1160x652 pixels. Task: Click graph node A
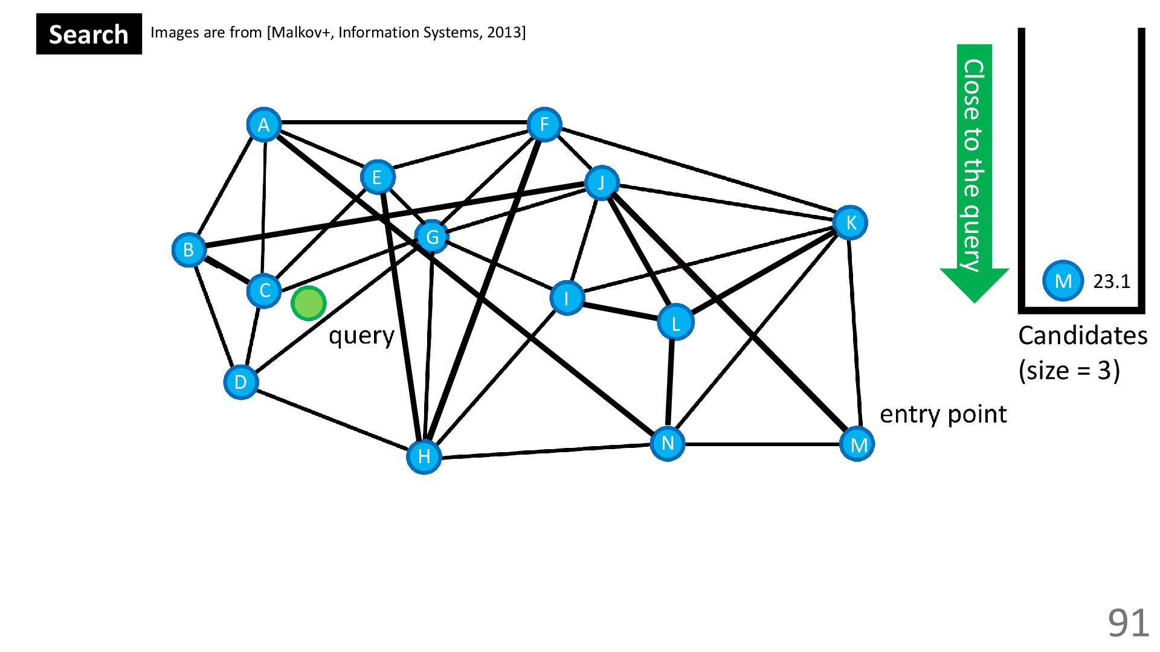263,125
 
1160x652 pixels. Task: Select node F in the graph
544,125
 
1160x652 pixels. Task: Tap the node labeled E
378,177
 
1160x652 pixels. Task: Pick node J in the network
601,182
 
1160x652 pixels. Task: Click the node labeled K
850,223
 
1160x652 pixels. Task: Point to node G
432,237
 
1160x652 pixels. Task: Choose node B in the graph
188,249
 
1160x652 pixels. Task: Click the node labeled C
264,290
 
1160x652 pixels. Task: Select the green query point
309,303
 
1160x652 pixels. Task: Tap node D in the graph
240,382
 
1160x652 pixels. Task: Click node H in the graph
424,456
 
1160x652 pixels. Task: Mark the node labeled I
567,298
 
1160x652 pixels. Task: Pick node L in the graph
675,323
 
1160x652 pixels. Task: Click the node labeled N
668,444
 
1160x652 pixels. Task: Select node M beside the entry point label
858,444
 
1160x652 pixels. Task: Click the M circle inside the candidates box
1063,281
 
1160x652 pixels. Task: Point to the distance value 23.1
1112,281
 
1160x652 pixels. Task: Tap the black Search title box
89,34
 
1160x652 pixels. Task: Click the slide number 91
1127,622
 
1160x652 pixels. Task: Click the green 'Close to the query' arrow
974,169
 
